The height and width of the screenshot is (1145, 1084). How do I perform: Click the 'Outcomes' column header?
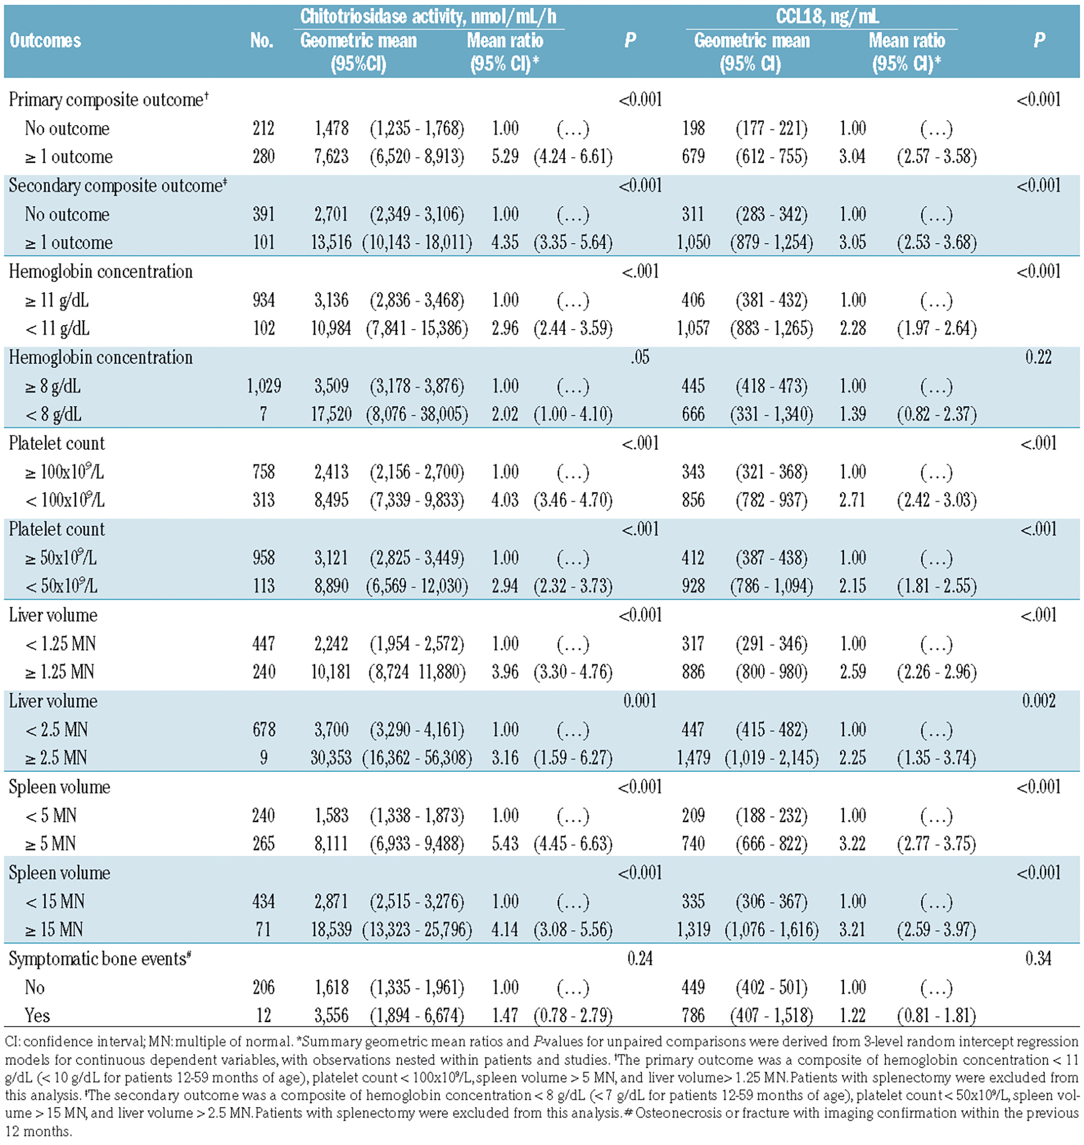tap(45, 41)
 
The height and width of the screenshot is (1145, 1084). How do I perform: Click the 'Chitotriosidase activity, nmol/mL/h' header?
tap(428, 16)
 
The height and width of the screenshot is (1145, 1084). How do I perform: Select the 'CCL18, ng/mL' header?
tap(828, 16)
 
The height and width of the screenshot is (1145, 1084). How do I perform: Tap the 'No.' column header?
tap(262, 41)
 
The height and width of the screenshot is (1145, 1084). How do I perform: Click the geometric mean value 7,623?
tap(332, 157)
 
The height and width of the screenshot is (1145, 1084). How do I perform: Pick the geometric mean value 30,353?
tap(331, 758)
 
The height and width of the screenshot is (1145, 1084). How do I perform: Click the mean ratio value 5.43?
tap(505, 844)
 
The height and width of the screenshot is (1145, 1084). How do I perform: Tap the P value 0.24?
tap(640, 959)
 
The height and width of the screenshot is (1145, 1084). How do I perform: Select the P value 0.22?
tap(1038, 357)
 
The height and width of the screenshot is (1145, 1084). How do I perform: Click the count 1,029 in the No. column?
tap(264, 386)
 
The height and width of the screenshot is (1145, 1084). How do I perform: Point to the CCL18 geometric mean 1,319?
tap(693, 929)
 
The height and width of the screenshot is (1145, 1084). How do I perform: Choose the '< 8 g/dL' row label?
tap(53, 414)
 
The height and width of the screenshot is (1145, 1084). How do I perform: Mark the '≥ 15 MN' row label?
tap(54, 929)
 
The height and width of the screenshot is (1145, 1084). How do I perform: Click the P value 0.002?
tap(1038, 701)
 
